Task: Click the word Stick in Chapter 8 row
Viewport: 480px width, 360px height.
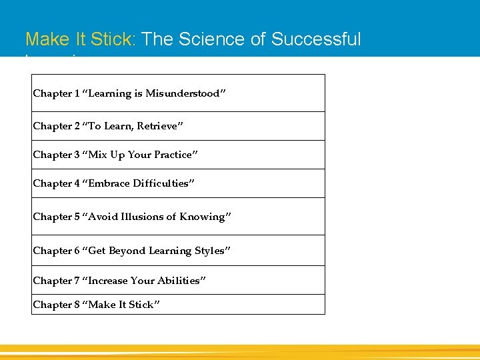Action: coord(145,305)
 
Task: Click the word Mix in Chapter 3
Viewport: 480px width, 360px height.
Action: coord(96,155)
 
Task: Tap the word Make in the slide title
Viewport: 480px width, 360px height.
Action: coord(47,40)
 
